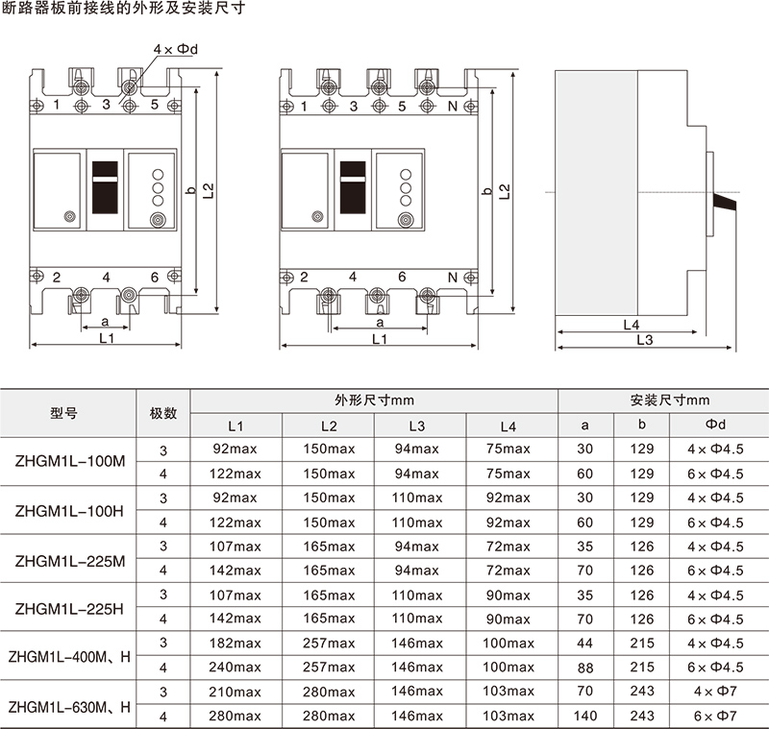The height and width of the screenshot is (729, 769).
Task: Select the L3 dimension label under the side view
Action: pos(644,340)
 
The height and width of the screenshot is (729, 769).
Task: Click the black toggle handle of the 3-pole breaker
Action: pos(105,187)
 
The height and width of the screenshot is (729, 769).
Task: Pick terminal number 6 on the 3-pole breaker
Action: pos(155,277)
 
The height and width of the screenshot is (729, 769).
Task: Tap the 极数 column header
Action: pos(163,414)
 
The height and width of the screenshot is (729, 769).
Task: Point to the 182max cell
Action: pos(236,643)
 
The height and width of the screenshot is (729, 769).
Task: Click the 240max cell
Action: pos(236,667)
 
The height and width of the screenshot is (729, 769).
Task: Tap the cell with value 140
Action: pos(584,716)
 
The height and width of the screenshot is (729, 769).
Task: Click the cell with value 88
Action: pos(584,667)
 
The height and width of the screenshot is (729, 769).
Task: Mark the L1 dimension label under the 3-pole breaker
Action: pos(108,339)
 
